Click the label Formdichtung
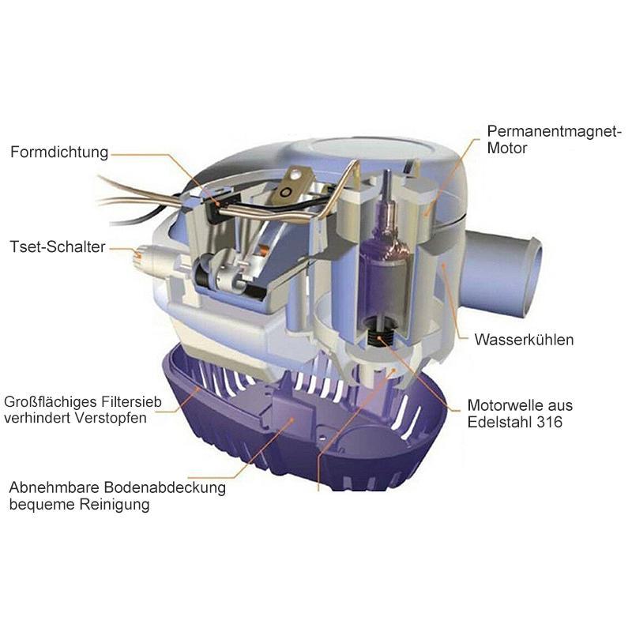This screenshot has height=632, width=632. [59, 152]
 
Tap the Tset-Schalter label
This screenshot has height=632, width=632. [57, 246]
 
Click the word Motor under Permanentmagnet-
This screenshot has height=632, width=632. [506, 148]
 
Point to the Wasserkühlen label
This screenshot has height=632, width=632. [524, 340]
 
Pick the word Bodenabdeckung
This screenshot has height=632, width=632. [164, 487]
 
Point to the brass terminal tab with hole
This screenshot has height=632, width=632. [292, 186]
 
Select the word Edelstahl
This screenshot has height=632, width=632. [500, 422]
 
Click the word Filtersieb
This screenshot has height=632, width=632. [131, 402]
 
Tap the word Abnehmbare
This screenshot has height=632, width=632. [54, 487]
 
